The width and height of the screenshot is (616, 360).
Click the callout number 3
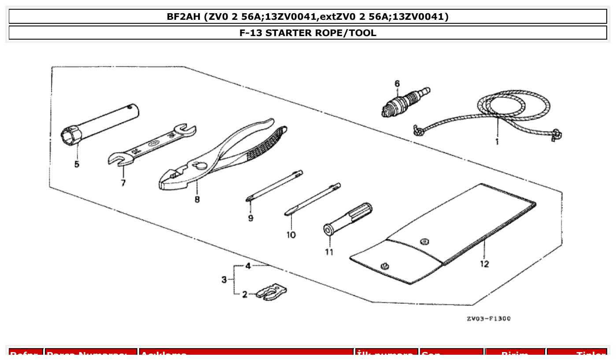(x=225, y=280)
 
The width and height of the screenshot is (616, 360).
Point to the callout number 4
(x=248, y=266)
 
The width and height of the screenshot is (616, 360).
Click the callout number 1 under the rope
(x=497, y=142)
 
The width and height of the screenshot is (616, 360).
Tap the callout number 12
(x=484, y=264)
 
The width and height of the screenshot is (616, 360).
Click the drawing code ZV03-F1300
(x=489, y=318)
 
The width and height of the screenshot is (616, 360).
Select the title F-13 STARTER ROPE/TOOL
(x=308, y=33)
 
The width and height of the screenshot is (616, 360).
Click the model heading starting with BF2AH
(x=308, y=17)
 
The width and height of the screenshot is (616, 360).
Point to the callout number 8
(x=197, y=199)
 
